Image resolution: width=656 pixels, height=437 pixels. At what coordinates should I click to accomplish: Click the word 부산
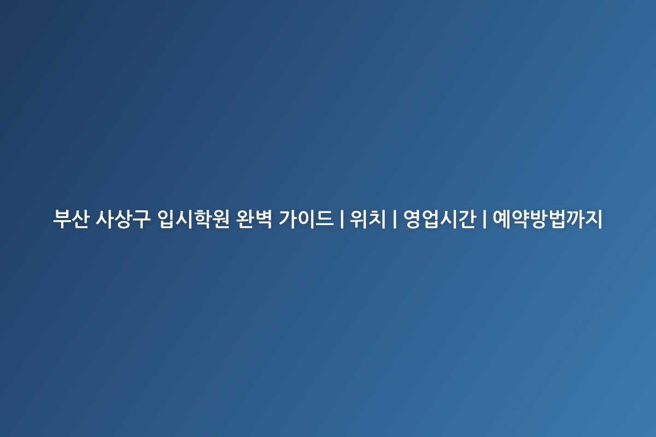[x=71, y=218]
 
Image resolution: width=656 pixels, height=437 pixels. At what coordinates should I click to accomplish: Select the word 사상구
[x=123, y=218]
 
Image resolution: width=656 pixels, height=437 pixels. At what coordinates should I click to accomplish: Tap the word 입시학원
[x=194, y=218]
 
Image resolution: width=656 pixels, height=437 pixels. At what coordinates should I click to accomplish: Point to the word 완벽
[x=254, y=218]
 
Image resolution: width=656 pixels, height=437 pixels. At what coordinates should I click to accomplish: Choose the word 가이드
[x=306, y=218]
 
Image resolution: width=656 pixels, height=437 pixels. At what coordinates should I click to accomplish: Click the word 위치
[x=368, y=218]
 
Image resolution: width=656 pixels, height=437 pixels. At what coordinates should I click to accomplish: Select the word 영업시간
[x=440, y=218]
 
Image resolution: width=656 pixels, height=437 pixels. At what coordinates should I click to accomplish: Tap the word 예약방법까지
[x=547, y=218]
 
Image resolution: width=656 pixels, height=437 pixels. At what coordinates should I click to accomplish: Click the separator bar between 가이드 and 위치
[x=342, y=218]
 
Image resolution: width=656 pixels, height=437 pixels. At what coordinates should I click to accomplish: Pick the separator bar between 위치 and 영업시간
[x=395, y=218]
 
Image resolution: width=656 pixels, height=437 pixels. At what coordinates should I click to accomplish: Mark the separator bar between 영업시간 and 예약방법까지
[x=484, y=218]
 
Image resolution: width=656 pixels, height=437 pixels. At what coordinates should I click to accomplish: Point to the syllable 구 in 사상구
[x=142, y=219]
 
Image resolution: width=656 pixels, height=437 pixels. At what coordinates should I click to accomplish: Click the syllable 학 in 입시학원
[x=203, y=218]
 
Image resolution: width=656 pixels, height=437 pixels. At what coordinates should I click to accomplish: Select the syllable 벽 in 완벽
[x=263, y=218]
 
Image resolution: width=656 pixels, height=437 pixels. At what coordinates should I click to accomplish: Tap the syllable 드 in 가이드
[x=325, y=219]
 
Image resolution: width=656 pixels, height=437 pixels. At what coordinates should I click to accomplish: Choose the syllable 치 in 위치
[x=377, y=218]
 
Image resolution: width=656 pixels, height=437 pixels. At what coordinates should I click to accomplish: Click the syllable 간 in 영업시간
[x=467, y=218]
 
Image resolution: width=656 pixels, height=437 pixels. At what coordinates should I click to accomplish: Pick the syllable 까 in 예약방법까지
[x=575, y=218]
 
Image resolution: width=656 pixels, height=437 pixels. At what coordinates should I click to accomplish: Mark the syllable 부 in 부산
[x=62, y=219]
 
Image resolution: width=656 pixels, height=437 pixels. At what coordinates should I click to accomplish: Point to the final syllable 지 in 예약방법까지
[x=593, y=218]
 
